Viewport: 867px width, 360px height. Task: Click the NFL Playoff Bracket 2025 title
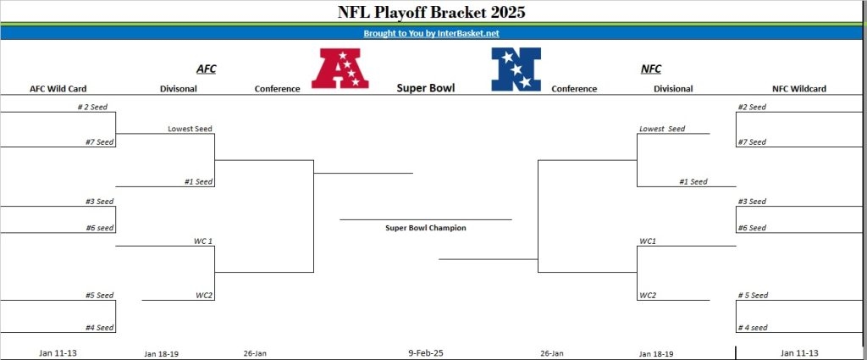point(431,12)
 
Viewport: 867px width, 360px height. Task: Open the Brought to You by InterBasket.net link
point(431,33)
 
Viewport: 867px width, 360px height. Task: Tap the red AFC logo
point(340,68)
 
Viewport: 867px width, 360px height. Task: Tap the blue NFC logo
point(516,69)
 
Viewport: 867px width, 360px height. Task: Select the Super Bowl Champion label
point(426,227)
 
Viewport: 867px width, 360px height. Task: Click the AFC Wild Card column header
point(58,88)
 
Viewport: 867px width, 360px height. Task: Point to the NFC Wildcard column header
point(799,88)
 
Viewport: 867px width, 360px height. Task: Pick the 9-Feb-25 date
point(426,352)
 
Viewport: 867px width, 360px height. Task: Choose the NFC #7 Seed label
point(752,142)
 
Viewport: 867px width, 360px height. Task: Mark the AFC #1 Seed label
point(198,181)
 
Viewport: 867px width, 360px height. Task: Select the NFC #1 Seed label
point(693,181)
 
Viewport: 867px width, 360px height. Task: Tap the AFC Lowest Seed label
point(190,129)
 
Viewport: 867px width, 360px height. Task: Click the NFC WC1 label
point(648,241)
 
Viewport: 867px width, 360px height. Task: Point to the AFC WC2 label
point(203,296)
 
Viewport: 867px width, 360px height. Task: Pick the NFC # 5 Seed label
point(753,296)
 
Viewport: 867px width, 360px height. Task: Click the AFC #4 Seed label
point(100,328)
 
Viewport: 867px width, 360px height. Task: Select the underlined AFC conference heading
point(207,69)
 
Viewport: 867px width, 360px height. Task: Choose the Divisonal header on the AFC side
point(178,88)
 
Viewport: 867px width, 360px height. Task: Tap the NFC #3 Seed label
point(752,202)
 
